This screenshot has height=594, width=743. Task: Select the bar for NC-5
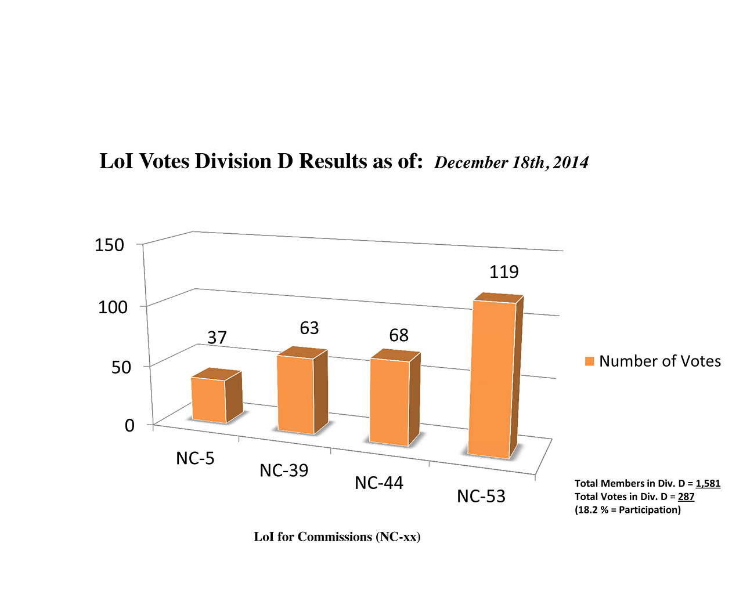[209, 400]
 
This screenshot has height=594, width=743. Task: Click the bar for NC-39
[295, 394]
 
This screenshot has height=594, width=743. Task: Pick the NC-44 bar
[389, 401]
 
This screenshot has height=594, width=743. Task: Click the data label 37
[217, 338]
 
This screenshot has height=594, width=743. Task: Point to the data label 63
[309, 328]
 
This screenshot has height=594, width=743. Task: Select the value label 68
[399, 335]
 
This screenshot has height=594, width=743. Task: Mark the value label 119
[504, 272]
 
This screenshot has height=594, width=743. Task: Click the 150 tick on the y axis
[110, 245]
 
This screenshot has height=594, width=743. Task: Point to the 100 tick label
[113, 307]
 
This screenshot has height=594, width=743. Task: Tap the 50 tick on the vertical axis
[121, 367]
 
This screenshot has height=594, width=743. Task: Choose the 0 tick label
[129, 425]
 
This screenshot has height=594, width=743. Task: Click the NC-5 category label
[195, 459]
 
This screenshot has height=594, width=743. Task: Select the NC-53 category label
[481, 497]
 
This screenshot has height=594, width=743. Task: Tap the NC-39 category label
[284, 470]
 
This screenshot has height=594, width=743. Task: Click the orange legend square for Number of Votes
[589, 361]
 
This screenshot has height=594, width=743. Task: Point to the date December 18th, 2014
[511, 162]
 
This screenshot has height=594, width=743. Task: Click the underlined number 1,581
[708, 483]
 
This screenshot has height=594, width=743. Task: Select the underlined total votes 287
[686, 497]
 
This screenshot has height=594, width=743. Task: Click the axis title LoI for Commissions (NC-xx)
[337, 537]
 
